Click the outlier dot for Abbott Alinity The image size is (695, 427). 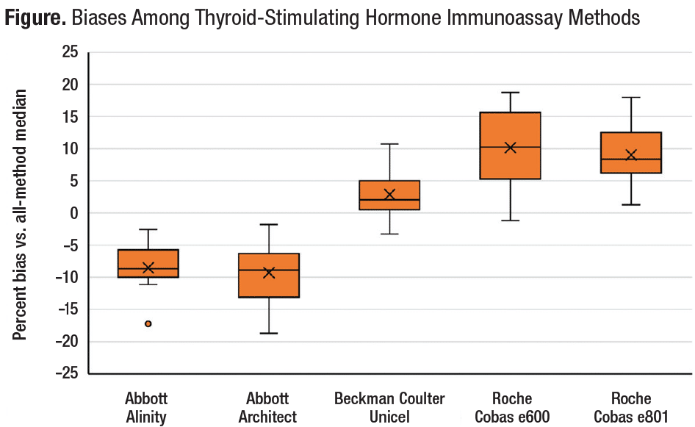(148, 323)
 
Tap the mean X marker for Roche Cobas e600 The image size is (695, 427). (510, 148)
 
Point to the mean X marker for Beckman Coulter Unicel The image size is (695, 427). (389, 195)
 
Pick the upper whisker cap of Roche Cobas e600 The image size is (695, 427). (510, 93)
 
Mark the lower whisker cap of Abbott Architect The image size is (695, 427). (269, 333)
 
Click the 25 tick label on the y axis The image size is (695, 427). (69, 52)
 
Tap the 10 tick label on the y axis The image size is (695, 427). (69, 149)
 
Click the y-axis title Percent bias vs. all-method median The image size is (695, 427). (21, 215)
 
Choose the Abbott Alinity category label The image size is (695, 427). (148, 408)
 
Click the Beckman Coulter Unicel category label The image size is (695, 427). (389, 408)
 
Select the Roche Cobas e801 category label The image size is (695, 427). (630, 408)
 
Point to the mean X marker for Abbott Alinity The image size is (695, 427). (148, 268)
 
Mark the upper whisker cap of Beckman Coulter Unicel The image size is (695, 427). (389, 144)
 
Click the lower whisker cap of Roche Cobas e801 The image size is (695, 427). (630, 204)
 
